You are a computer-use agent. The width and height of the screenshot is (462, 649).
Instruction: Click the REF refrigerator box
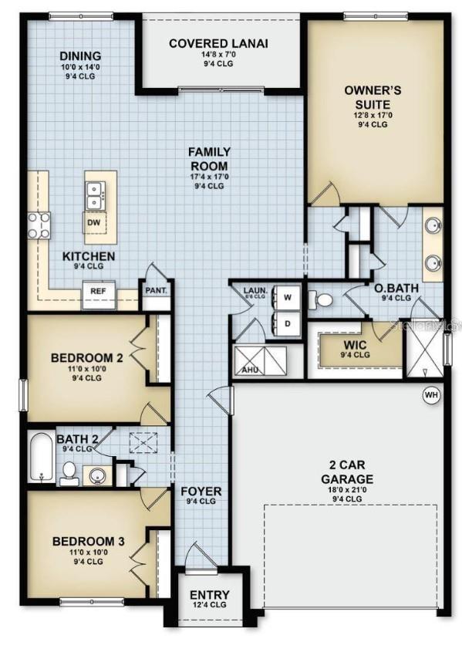[x=98, y=292]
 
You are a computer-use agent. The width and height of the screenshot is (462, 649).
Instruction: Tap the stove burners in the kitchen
[x=39, y=224]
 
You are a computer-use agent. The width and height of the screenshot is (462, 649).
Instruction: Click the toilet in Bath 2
[x=68, y=472]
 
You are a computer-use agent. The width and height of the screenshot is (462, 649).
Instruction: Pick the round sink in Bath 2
[x=96, y=474]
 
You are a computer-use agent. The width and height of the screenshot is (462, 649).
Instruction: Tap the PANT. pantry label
[x=155, y=291]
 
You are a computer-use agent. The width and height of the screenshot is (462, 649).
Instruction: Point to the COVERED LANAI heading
[x=218, y=43]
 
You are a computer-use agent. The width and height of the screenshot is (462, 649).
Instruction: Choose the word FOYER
[x=201, y=491]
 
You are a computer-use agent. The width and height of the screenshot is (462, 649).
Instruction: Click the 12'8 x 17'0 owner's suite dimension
[x=366, y=116]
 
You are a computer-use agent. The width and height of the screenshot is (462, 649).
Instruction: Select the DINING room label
[x=80, y=56]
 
